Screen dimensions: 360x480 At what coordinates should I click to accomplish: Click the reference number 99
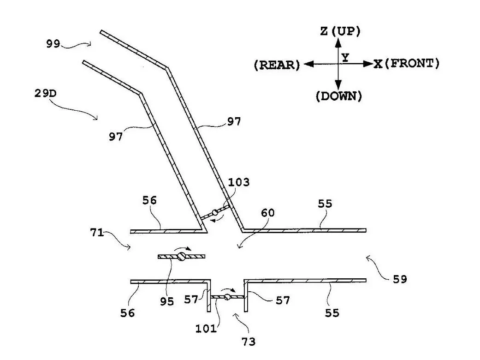click(53, 44)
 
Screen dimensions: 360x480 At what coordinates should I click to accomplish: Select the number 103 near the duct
click(238, 182)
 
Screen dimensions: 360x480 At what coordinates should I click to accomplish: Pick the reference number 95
click(167, 301)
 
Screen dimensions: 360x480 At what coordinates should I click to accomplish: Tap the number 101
click(206, 328)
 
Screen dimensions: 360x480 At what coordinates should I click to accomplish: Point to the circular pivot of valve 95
click(182, 257)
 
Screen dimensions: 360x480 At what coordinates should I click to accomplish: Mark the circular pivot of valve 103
click(214, 213)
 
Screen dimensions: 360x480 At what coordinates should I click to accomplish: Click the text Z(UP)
click(340, 31)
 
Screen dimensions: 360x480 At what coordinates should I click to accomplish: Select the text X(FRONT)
click(406, 64)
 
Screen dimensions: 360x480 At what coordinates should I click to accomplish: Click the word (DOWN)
click(338, 96)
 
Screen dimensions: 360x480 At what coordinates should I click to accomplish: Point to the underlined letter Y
click(345, 57)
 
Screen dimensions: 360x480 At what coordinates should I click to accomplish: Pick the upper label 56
click(149, 200)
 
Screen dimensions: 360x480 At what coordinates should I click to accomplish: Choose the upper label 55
click(325, 204)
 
